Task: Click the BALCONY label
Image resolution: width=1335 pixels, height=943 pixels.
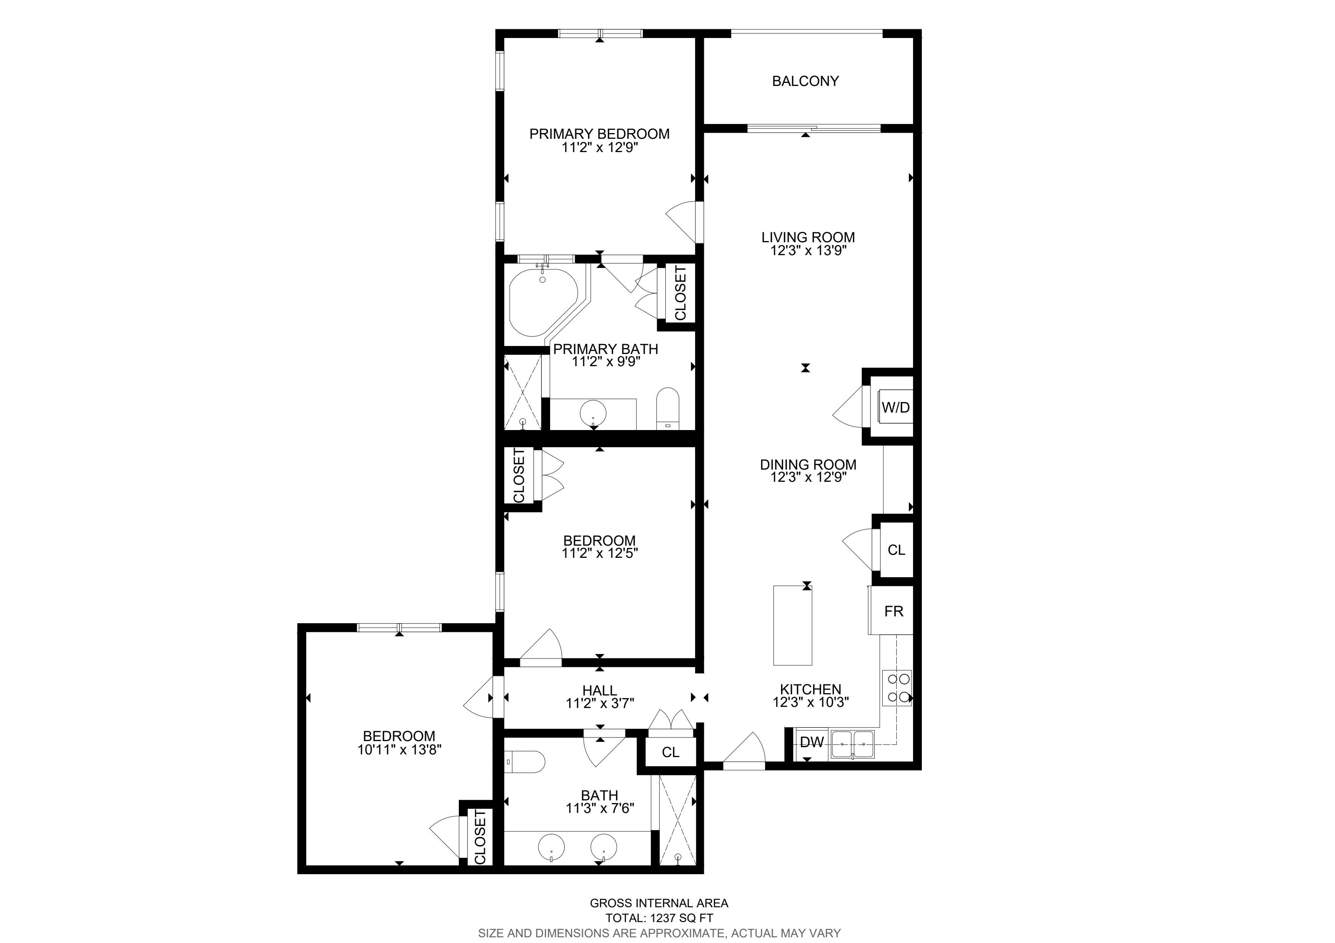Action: point(805,81)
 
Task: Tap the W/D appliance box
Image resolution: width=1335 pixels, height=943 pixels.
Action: point(896,407)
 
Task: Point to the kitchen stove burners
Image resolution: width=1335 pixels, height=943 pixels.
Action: point(897,687)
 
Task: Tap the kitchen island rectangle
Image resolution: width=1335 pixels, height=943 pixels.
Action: point(792,625)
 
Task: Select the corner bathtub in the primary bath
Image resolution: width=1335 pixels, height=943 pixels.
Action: point(544,302)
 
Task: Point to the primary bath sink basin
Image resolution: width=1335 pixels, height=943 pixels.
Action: point(593,414)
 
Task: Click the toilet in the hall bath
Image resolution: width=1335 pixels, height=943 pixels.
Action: point(525,762)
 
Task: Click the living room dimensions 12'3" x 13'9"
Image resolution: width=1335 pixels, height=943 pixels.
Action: point(808,251)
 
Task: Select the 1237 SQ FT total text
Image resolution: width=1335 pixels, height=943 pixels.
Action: point(679,919)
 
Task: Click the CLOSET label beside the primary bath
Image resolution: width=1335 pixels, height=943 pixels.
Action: point(680,293)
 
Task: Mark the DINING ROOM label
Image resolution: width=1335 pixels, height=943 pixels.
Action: point(808,464)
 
